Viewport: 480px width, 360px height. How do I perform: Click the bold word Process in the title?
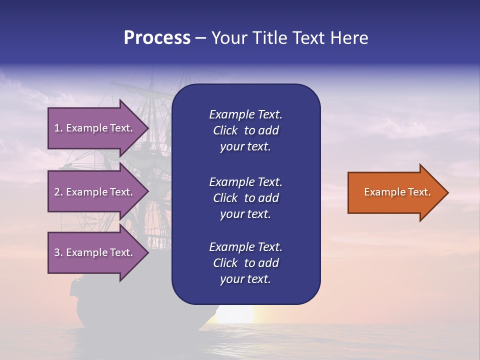(157, 38)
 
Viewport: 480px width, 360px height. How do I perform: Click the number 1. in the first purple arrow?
(58, 128)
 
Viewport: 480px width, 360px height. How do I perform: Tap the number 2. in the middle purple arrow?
(58, 192)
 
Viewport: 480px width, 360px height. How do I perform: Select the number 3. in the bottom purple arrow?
(58, 252)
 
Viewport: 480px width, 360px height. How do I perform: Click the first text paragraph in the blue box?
(245, 130)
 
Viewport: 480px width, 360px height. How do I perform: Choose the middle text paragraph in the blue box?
(245, 197)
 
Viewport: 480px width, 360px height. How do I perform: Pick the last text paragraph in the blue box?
(245, 263)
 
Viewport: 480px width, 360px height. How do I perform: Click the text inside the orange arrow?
(397, 192)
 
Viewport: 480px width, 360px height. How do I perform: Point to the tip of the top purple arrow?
(148, 128)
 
